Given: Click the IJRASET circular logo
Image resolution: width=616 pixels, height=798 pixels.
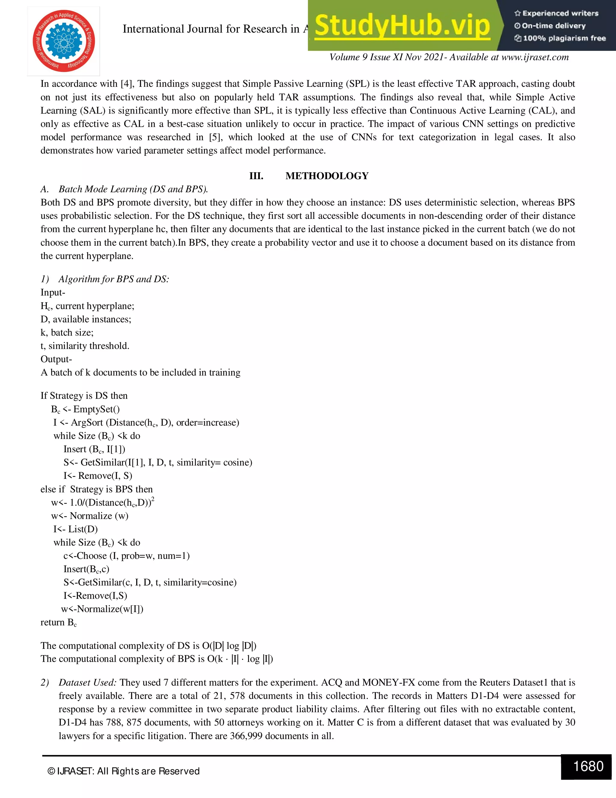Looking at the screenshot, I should pyautogui.click(x=63, y=41).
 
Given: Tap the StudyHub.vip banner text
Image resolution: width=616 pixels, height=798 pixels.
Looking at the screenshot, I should pyautogui.click(x=402, y=26).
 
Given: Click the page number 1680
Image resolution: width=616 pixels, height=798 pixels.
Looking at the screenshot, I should pyautogui.click(x=588, y=766).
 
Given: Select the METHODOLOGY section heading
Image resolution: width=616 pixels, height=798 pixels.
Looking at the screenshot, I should pyautogui.click(x=327, y=176).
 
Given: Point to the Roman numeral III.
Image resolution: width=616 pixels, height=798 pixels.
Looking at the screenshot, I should pyautogui.click(x=256, y=176).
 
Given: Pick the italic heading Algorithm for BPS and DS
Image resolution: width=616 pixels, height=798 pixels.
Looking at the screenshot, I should pyautogui.click(x=113, y=279).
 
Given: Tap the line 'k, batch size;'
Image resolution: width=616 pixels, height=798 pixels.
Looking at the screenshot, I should pyautogui.click(x=67, y=332).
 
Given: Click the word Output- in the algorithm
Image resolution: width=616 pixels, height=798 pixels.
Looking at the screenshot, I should pyautogui.click(x=56, y=359).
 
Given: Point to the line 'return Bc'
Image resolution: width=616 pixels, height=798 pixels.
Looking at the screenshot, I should pyautogui.click(x=59, y=622).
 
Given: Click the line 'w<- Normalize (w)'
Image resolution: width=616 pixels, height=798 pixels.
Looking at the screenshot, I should pyautogui.click(x=90, y=516).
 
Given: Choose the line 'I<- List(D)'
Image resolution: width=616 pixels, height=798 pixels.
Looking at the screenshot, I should pyautogui.click(x=75, y=529).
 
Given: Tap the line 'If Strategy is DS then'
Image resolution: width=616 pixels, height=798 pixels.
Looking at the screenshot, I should pyautogui.click(x=84, y=396).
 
